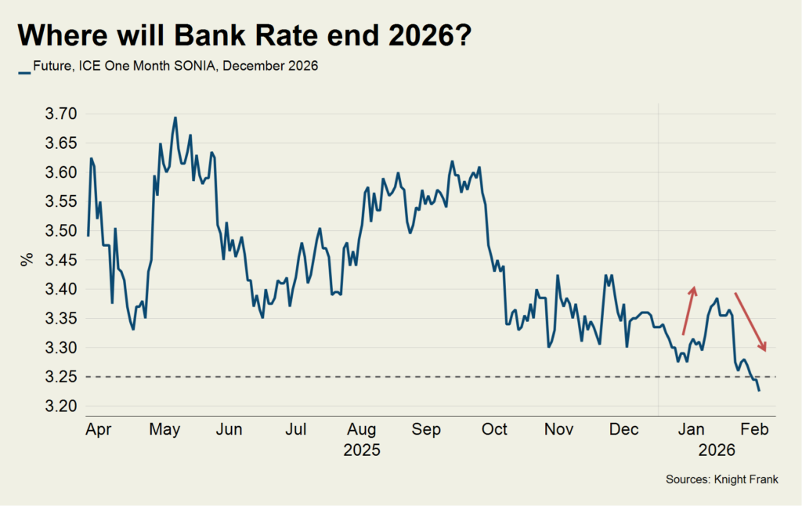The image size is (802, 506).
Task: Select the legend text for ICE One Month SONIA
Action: [x=175, y=67]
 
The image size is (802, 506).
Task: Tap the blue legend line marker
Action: [x=24, y=68]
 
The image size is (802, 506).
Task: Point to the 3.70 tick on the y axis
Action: [x=62, y=114]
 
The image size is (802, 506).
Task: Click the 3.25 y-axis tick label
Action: [x=62, y=377]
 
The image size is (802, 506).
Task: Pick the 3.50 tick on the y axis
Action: [x=62, y=231]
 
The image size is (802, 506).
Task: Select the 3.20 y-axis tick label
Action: [x=62, y=407]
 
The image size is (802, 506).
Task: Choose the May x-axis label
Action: [x=165, y=429]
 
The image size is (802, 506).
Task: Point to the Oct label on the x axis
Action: [x=494, y=429]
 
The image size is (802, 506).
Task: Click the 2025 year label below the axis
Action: [x=361, y=450]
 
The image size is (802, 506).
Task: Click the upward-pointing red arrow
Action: [x=688, y=310]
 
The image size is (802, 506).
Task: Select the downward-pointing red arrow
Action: [x=751, y=322]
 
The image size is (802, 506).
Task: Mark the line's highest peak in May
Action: [x=175, y=117]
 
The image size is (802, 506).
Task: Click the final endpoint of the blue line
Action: [x=758, y=390]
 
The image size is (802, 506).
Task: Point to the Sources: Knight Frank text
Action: [x=722, y=479]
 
